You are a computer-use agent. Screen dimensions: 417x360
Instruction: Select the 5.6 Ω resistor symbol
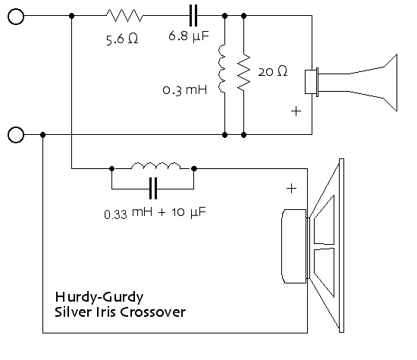pos(124,15)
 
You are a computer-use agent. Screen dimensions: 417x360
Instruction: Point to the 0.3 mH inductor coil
pos(221,69)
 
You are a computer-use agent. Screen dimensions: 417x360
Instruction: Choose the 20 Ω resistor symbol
pos(243,72)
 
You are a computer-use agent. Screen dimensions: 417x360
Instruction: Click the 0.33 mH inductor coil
pos(156,166)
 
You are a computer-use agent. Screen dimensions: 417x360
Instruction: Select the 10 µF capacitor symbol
pos(153,189)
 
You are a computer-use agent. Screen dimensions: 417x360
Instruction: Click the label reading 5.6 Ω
pos(122,39)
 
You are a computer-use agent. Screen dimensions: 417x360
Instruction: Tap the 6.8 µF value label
pos(189,36)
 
